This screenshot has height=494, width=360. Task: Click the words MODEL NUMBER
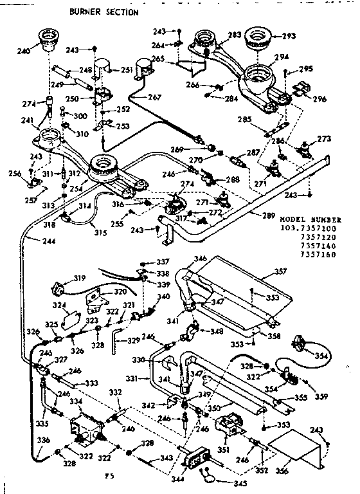[310, 219]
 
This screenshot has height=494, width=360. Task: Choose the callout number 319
[80, 278]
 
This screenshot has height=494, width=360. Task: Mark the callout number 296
[319, 98]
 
